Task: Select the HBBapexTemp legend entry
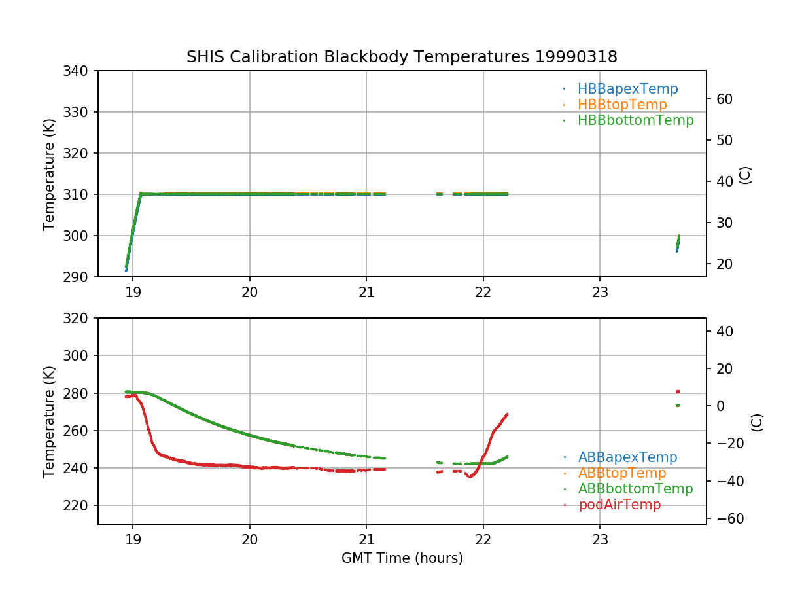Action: (x=627, y=89)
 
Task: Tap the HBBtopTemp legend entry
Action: (x=622, y=105)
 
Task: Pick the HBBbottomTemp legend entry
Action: (x=635, y=120)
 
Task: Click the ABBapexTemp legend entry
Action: (x=627, y=457)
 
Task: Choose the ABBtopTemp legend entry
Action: (x=622, y=473)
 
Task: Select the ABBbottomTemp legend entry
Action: (x=635, y=489)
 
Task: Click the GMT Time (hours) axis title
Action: (x=402, y=558)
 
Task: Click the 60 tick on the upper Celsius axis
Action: (x=725, y=99)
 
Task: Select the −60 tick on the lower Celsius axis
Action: (x=725, y=519)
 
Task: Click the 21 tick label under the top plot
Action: (x=366, y=292)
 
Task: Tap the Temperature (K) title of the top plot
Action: (x=49, y=173)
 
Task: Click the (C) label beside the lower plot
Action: (x=757, y=421)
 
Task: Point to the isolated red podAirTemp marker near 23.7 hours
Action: (x=678, y=391)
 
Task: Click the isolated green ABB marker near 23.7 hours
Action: (x=678, y=405)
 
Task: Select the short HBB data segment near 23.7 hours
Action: (x=678, y=243)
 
